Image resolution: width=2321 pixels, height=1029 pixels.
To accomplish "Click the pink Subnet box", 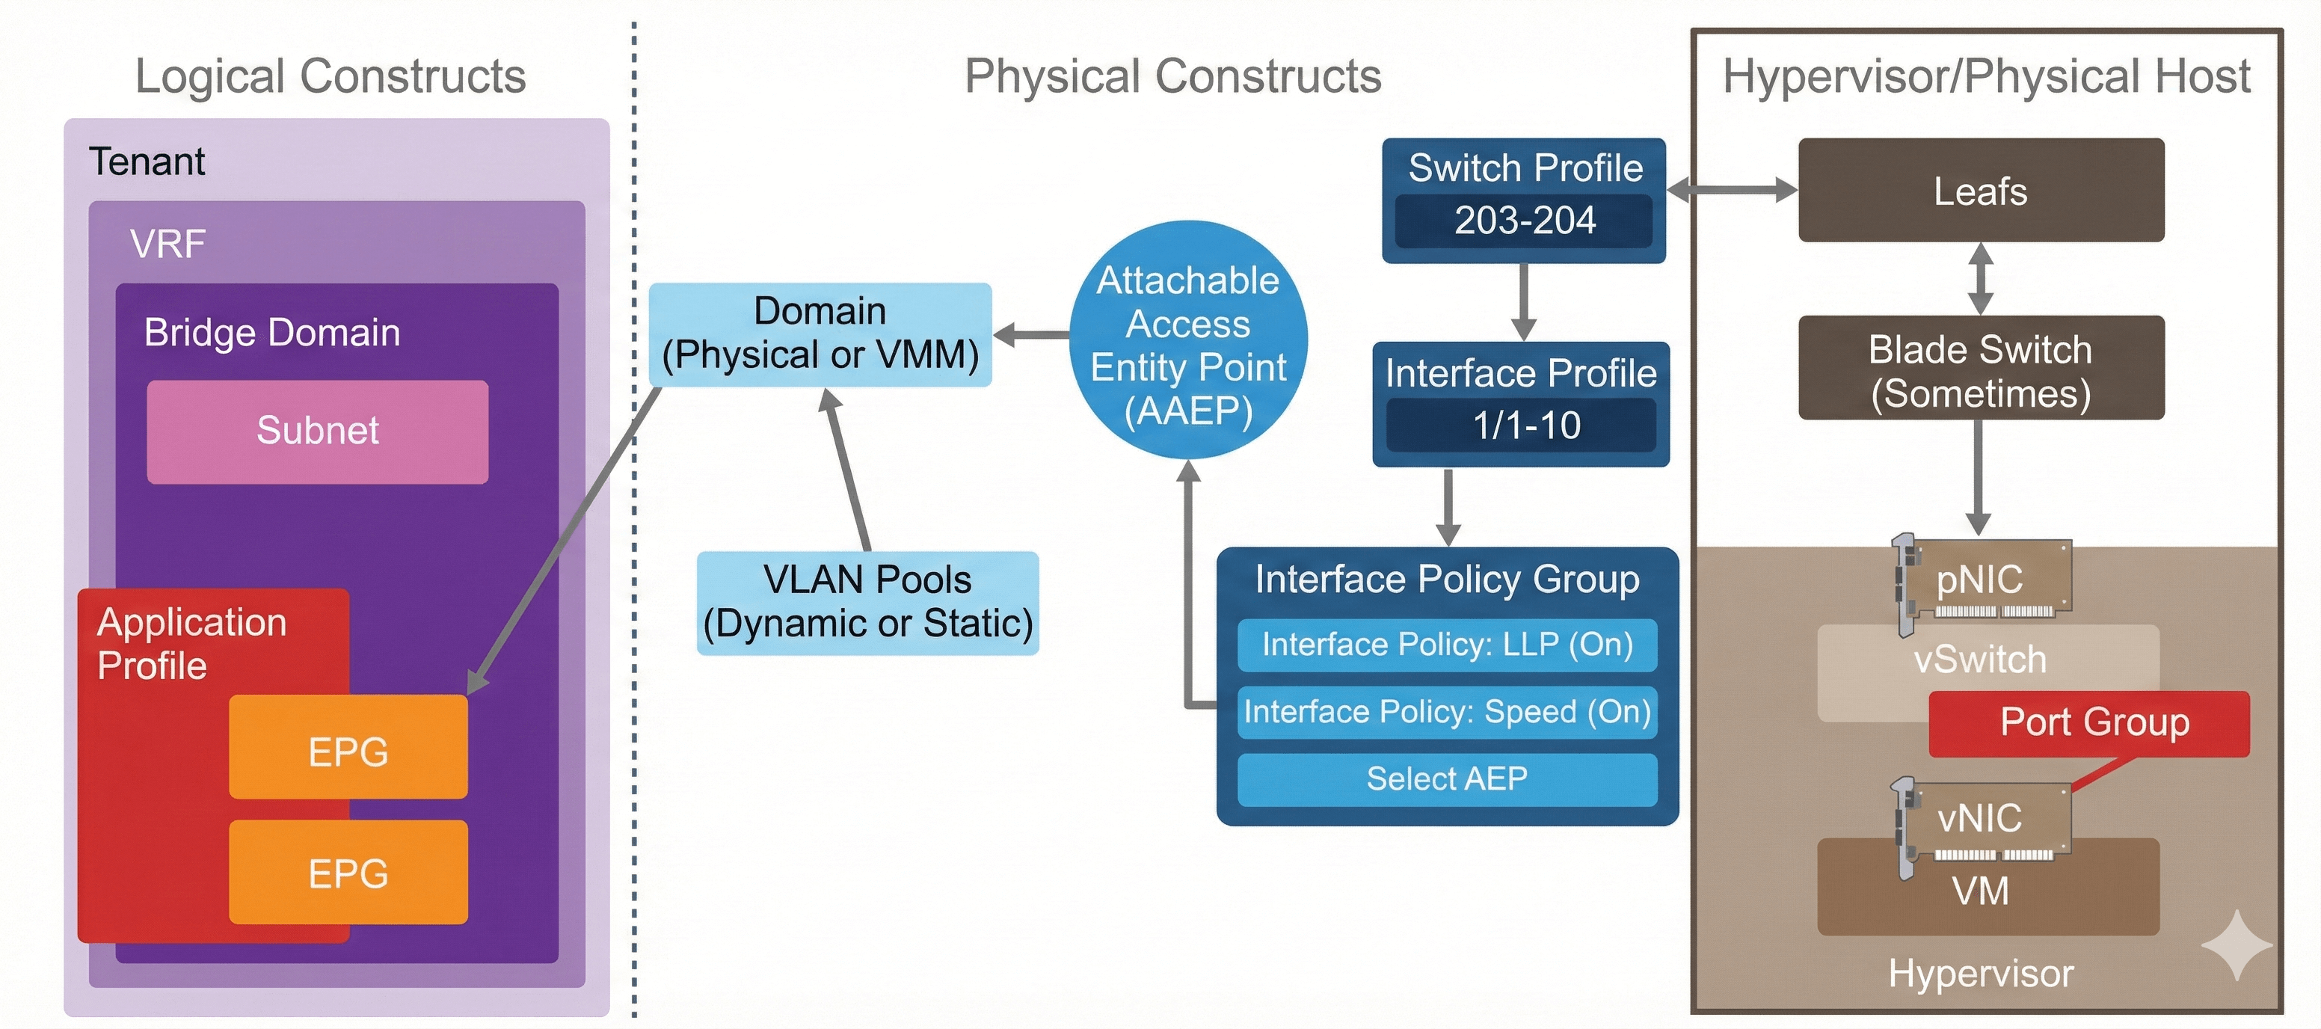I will click(317, 431).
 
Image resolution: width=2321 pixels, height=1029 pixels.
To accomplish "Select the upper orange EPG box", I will click(348, 747).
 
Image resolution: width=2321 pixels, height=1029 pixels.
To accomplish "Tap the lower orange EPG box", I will click(348, 871).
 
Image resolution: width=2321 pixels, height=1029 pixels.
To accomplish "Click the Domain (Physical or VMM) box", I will click(820, 334).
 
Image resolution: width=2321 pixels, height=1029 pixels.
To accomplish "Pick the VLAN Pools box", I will click(867, 602).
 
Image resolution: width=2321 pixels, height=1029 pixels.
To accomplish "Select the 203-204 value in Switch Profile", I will click(1524, 221).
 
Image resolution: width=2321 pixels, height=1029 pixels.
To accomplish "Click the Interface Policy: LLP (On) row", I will click(1446, 645).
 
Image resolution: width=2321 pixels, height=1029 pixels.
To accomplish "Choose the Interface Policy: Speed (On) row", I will click(1446, 712).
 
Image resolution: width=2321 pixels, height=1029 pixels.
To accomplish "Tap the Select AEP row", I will click(1446, 778).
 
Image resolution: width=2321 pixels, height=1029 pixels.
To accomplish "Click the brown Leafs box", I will click(1981, 190).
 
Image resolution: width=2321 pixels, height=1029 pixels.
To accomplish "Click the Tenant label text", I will click(147, 162).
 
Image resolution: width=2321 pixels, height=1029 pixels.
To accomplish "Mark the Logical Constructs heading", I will click(331, 76).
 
